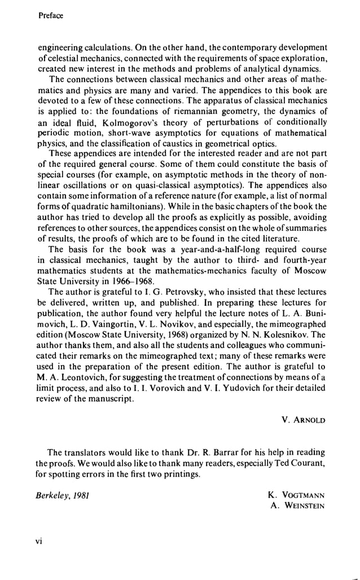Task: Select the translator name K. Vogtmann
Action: pos(297,495)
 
